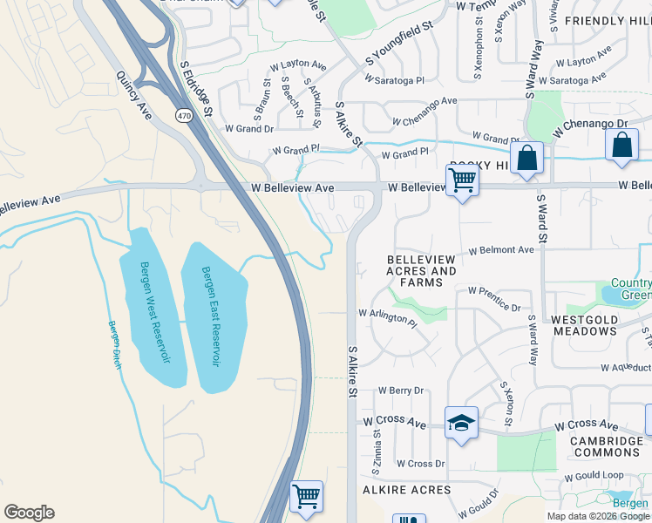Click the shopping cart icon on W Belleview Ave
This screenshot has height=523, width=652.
462,180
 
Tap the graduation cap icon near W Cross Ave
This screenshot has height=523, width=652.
461,423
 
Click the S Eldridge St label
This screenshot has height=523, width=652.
196,88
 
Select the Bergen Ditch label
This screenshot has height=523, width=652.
114,345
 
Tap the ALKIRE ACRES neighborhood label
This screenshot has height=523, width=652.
407,490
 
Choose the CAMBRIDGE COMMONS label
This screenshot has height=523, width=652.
607,447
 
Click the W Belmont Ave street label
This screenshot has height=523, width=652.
500,250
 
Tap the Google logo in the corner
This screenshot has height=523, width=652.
29,513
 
